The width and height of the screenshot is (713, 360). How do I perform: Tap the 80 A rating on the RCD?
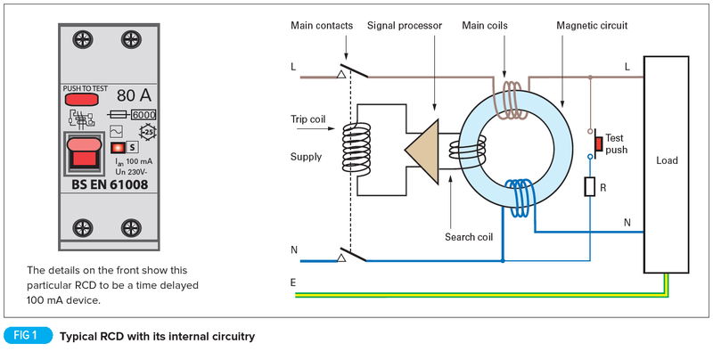click(x=132, y=95)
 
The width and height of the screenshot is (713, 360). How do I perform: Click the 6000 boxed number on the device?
click(x=143, y=115)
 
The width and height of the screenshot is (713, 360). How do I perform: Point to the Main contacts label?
click(x=322, y=26)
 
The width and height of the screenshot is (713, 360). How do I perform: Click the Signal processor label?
click(x=405, y=26)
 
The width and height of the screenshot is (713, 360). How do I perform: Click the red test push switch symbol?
click(x=598, y=143)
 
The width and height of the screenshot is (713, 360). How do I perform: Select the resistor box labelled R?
click(x=589, y=186)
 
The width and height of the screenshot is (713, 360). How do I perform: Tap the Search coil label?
click(x=469, y=237)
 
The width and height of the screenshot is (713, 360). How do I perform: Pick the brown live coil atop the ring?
click(x=512, y=99)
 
